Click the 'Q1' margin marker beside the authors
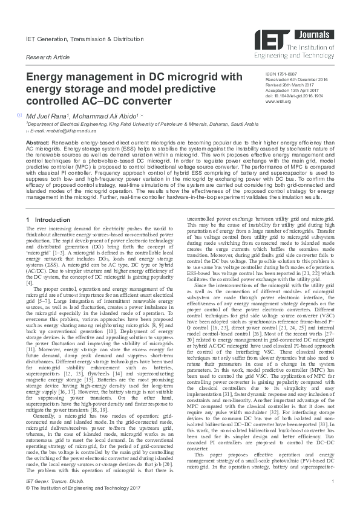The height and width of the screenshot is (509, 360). [20, 114]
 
